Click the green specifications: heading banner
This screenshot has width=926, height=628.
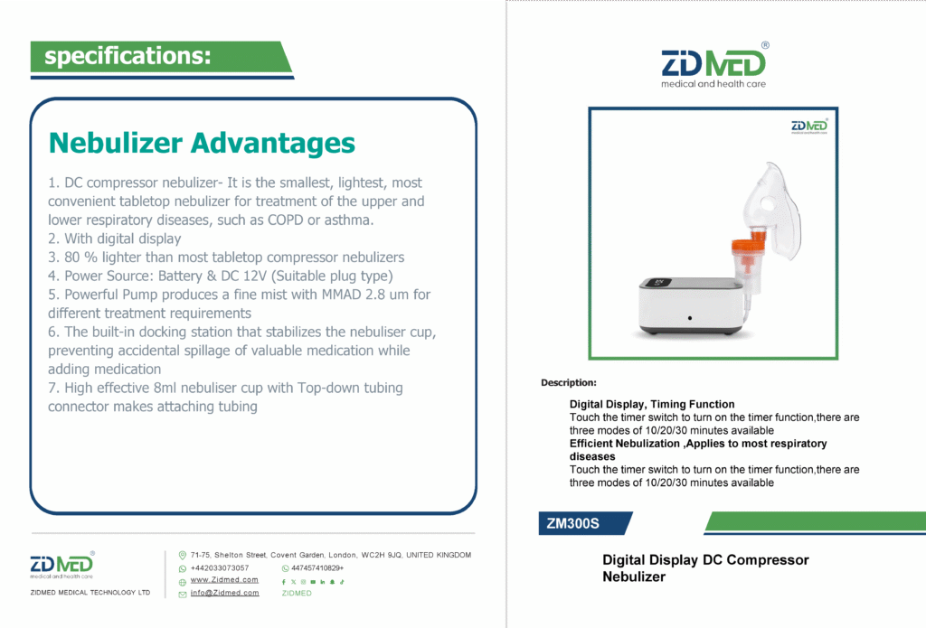point(161,57)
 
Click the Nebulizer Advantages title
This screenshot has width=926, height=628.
point(202,144)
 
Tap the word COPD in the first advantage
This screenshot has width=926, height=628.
point(286,220)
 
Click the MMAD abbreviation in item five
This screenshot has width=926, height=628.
point(341,295)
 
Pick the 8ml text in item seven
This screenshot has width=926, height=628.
point(165,388)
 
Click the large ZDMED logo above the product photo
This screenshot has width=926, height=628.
point(714,66)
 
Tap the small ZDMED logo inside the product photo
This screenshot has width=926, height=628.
point(809,127)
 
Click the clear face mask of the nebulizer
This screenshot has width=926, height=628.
point(774,210)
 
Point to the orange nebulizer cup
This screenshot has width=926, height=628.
point(749,251)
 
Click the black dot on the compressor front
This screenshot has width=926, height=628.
point(690,318)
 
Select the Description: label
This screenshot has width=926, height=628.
point(569,382)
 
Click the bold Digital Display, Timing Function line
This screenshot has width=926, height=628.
point(652,404)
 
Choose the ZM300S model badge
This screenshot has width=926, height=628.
point(585,523)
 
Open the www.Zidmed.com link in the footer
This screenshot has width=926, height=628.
point(224,580)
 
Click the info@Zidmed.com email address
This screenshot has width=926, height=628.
point(224,593)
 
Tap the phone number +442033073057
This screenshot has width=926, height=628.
point(220,568)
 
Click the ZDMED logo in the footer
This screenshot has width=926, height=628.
point(62,565)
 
